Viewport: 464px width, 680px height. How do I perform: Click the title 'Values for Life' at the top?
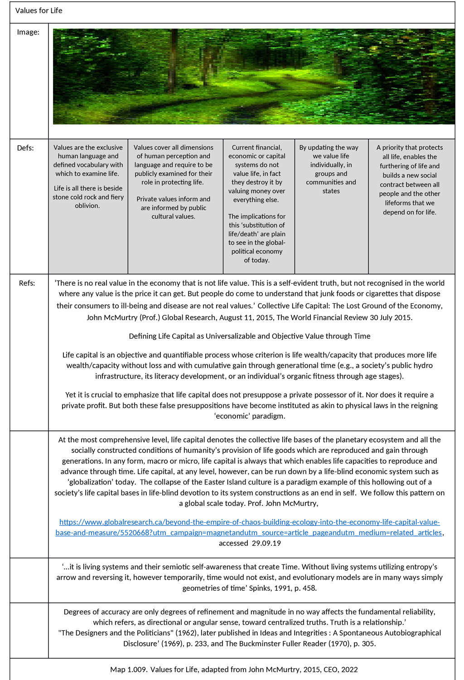coord(39,10)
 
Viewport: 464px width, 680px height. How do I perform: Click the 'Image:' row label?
coord(28,32)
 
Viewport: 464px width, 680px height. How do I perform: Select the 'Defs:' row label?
coord(25,148)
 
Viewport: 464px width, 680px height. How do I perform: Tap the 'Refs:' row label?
coord(27,283)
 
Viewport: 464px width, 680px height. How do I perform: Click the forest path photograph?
coord(254,76)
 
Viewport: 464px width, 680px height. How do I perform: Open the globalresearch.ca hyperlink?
coord(249,527)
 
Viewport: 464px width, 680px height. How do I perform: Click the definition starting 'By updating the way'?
coord(331,169)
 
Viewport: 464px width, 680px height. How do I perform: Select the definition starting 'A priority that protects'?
coord(410,180)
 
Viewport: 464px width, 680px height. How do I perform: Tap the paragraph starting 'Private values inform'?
coord(174,208)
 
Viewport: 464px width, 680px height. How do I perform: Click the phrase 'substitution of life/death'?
coord(257,229)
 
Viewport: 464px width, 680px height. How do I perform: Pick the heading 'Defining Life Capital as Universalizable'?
coord(250,336)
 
